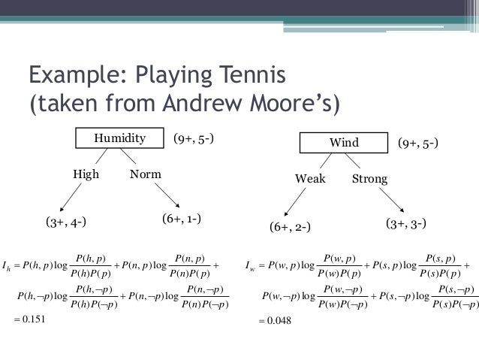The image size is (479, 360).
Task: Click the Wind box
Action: pos(344,143)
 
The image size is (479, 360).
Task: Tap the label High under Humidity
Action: pos(86,174)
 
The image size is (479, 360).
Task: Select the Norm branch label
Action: pos(145,174)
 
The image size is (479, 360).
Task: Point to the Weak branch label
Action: pos(310,179)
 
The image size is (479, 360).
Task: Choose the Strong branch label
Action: pos(369,179)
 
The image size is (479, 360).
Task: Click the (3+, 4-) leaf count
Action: pos(65,222)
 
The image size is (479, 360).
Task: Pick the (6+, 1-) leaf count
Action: pos(181,219)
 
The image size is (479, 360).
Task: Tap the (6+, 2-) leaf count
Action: pos(290,227)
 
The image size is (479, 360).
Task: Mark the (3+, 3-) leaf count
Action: pos(406,223)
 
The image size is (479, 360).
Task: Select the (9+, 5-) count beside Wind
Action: pos(418,143)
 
